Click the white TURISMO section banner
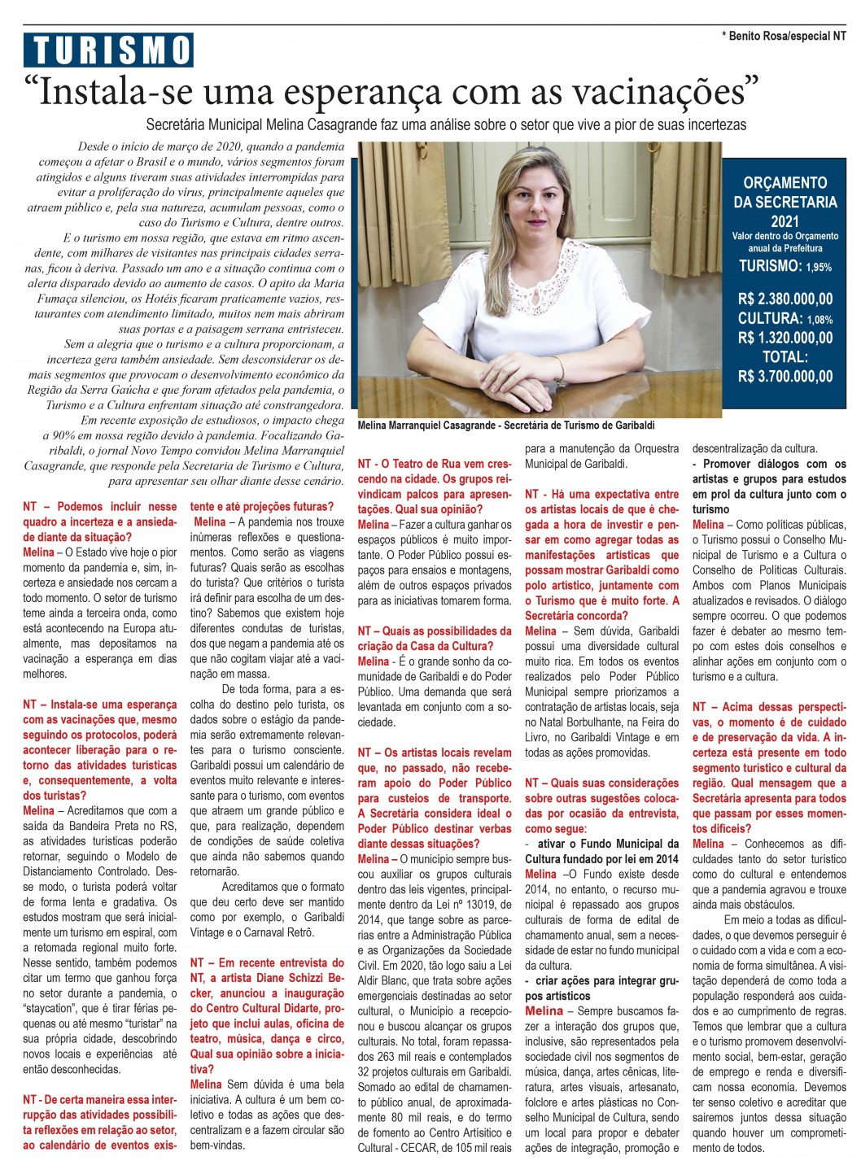[108, 50]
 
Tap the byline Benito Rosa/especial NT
[784, 36]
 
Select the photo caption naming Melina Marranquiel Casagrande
[505, 426]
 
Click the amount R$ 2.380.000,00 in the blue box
[785, 299]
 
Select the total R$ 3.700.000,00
[785, 376]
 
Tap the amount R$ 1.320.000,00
[785, 338]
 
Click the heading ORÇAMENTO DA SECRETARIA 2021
[785, 201]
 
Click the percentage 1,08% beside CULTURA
[819, 320]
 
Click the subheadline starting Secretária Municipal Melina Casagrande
[446, 125]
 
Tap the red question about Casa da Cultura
[435, 639]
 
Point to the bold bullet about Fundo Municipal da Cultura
[601, 851]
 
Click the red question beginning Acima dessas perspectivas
[769, 761]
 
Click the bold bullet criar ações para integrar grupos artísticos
[601, 988]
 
